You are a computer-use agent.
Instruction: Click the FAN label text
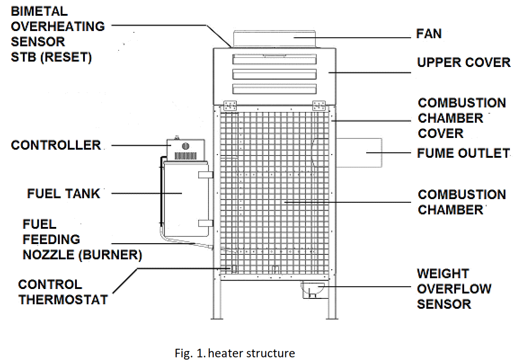429,34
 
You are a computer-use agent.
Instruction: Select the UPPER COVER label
463,62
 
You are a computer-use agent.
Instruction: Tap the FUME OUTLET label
463,153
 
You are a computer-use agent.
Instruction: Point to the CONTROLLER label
56,145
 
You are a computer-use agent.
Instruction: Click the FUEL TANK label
64,194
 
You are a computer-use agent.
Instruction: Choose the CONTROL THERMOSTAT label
63,292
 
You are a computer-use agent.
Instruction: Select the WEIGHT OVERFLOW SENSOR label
454,289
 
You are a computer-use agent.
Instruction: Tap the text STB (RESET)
51,57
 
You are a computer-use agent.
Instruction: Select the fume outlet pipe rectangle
359,153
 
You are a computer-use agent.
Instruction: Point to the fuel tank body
182,198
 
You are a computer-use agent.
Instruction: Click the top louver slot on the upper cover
275,60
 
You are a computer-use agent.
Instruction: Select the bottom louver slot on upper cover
275,88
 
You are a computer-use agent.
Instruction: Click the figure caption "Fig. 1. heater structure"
235,353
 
